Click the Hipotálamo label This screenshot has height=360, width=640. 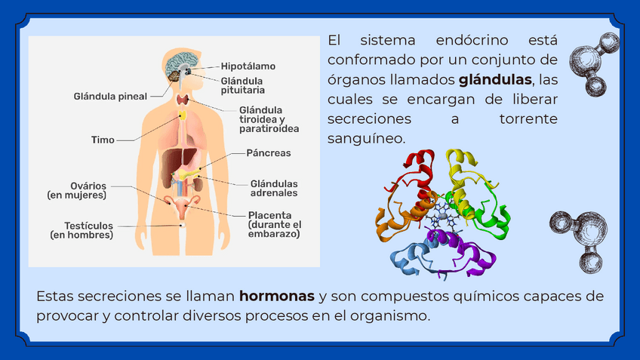click(x=248, y=66)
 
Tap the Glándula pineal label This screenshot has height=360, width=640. click(x=110, y=96)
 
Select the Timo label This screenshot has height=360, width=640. click(x=103, y=140)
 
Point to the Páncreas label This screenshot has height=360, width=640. click(x=268, y=152)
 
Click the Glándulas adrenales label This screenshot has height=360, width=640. click(x=273, y=188)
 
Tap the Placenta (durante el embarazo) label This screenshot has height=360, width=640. click(x=274, y=224)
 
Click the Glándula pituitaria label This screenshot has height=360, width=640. click(x=242, y=85)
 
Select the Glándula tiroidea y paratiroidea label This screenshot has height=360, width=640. click(x=269, y=119)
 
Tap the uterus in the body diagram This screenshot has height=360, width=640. click(x=182, y=206)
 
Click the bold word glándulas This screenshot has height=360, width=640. click(x=495, y=79)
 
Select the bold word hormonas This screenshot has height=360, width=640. click(x=276, y=295)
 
